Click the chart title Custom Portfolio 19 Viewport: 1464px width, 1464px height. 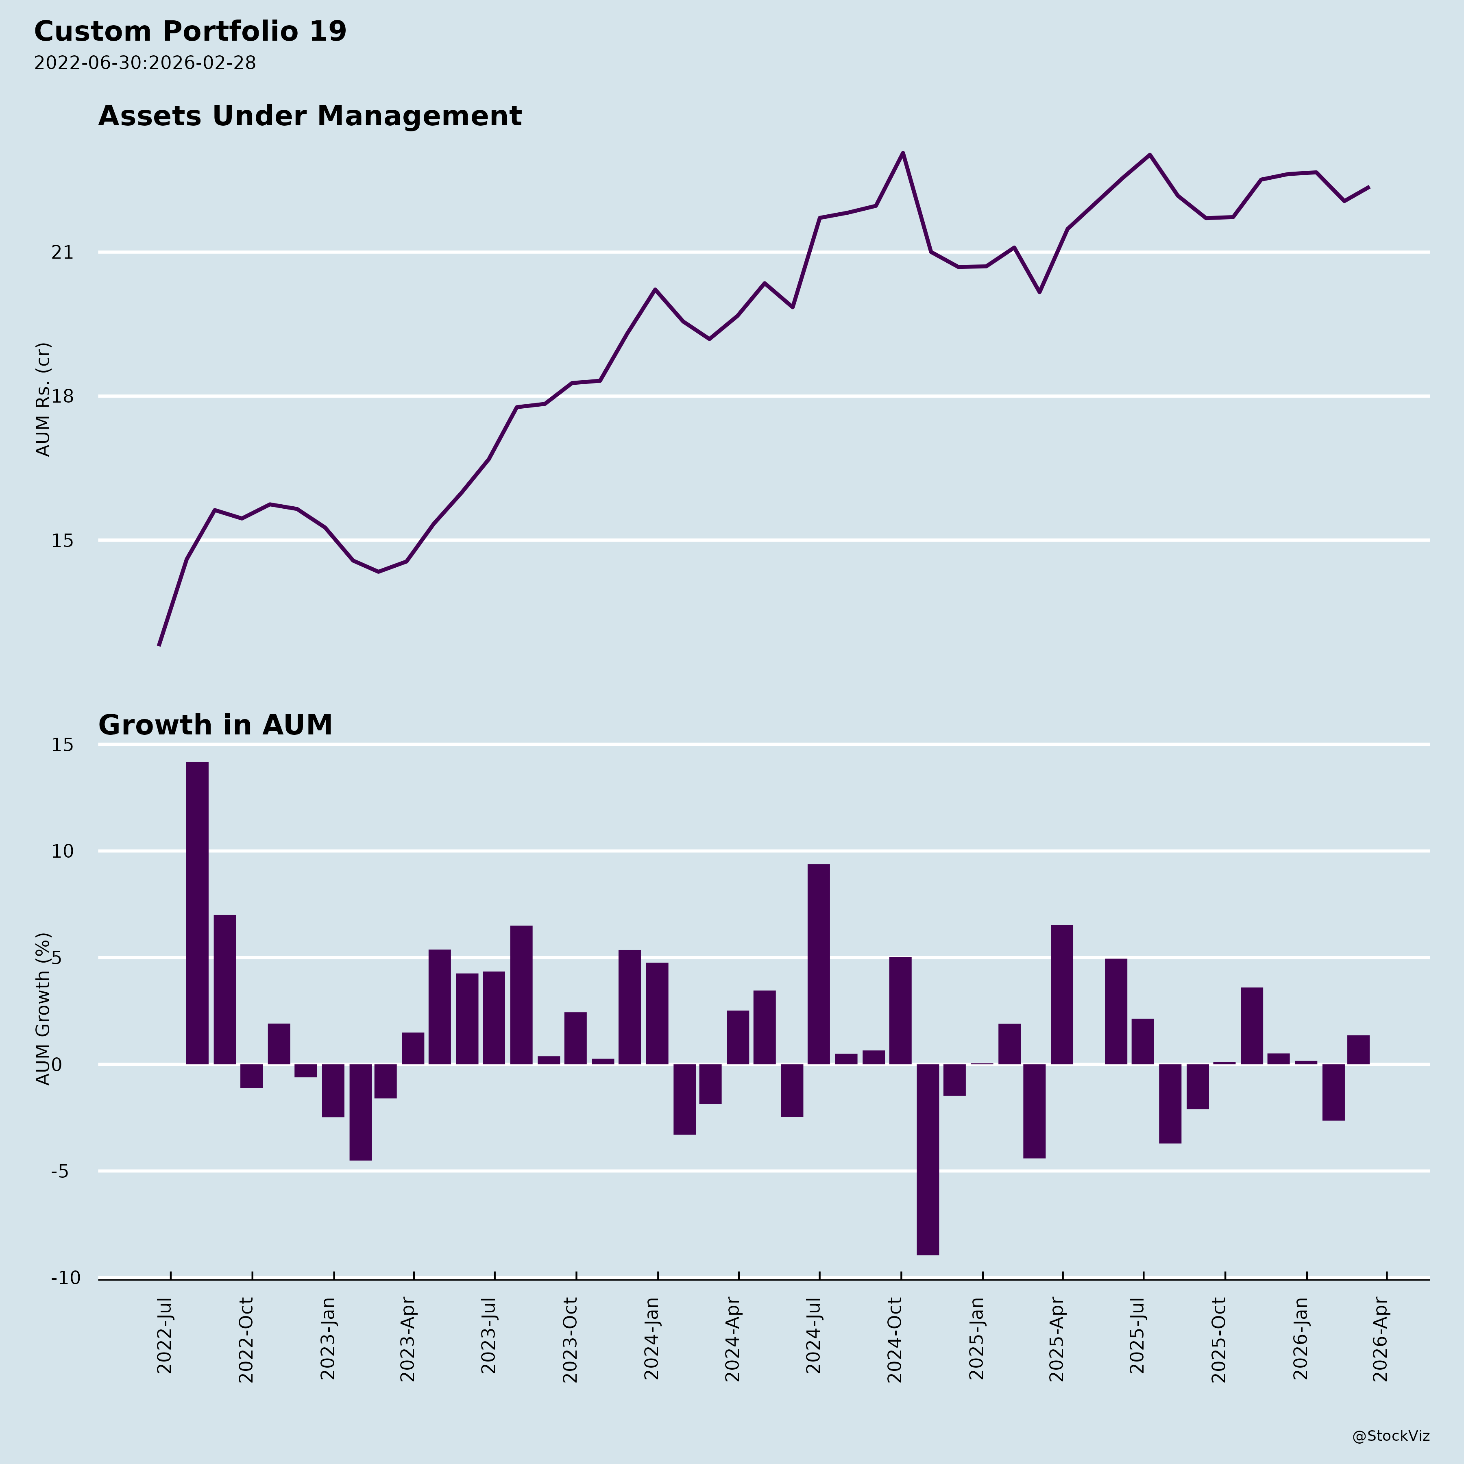(190, 32)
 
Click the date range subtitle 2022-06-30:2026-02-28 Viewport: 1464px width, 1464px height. (145, 63)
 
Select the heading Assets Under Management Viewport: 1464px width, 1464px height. (310, 116)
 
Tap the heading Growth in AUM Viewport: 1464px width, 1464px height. (215, 725)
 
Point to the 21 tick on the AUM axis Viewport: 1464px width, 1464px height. (62, 252)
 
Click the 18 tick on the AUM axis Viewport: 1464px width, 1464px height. (62, 396)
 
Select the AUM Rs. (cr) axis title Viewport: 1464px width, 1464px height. (43, 399)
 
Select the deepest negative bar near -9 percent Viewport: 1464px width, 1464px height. (928, 1159)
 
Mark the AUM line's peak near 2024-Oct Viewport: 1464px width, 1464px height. (902, 153)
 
